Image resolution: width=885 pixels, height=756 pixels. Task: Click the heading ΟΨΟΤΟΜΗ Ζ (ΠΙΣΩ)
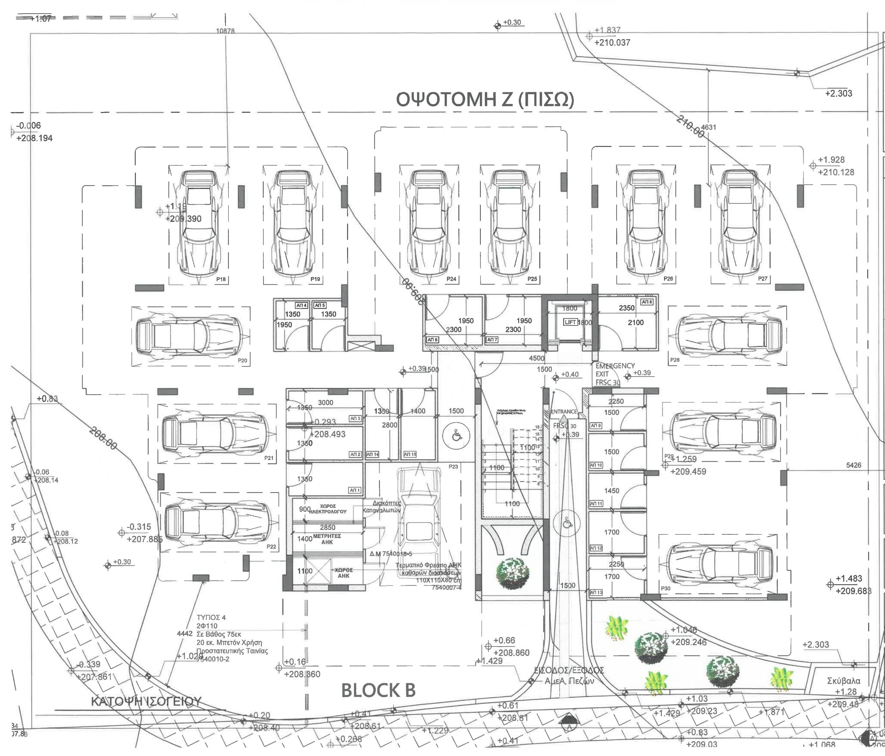[x=485, y=100]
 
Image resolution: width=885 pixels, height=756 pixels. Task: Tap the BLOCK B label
[x=378, y=690]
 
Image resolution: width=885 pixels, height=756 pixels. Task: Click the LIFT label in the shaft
[x=571, y=322]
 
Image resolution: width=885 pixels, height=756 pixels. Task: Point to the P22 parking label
[x=271, y=547]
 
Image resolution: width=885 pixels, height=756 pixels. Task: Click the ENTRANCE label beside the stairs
[x=563, y=412]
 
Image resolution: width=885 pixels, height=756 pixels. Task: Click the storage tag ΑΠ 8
[x=647, y=302]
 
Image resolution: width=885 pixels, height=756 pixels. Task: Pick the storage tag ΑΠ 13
[x=596, y=592]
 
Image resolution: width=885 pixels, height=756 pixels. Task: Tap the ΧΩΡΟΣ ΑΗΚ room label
[x=344, y=573]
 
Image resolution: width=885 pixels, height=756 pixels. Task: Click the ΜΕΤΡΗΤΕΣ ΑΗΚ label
[x=327, y=539]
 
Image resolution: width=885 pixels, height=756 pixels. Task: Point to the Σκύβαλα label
[x=844, y=681]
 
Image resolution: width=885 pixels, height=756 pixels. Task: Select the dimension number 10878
[x=225, y=31]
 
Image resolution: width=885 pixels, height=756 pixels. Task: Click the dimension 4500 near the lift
[x=537, y=358]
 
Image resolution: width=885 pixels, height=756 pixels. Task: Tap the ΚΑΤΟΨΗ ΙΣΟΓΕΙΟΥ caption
[x=146, y=701]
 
